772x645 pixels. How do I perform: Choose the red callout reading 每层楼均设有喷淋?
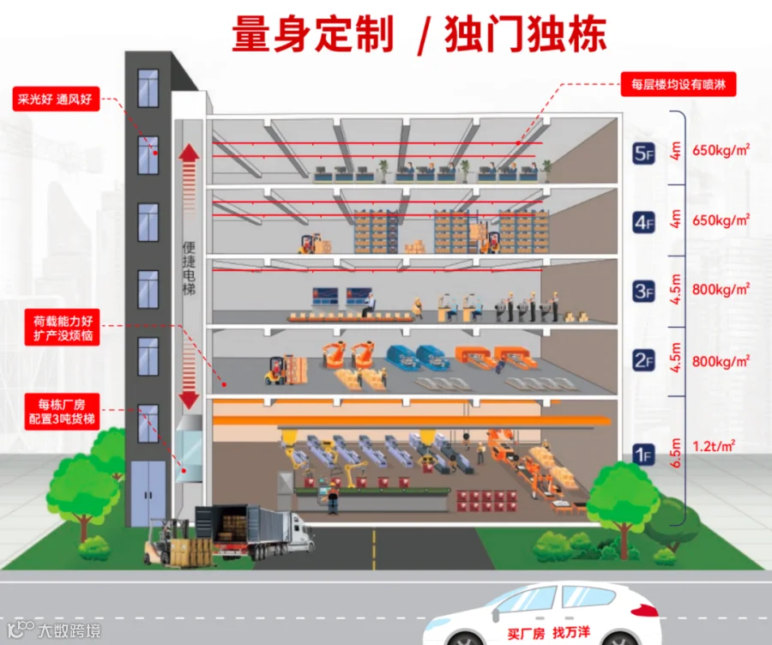coord(679,85)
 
